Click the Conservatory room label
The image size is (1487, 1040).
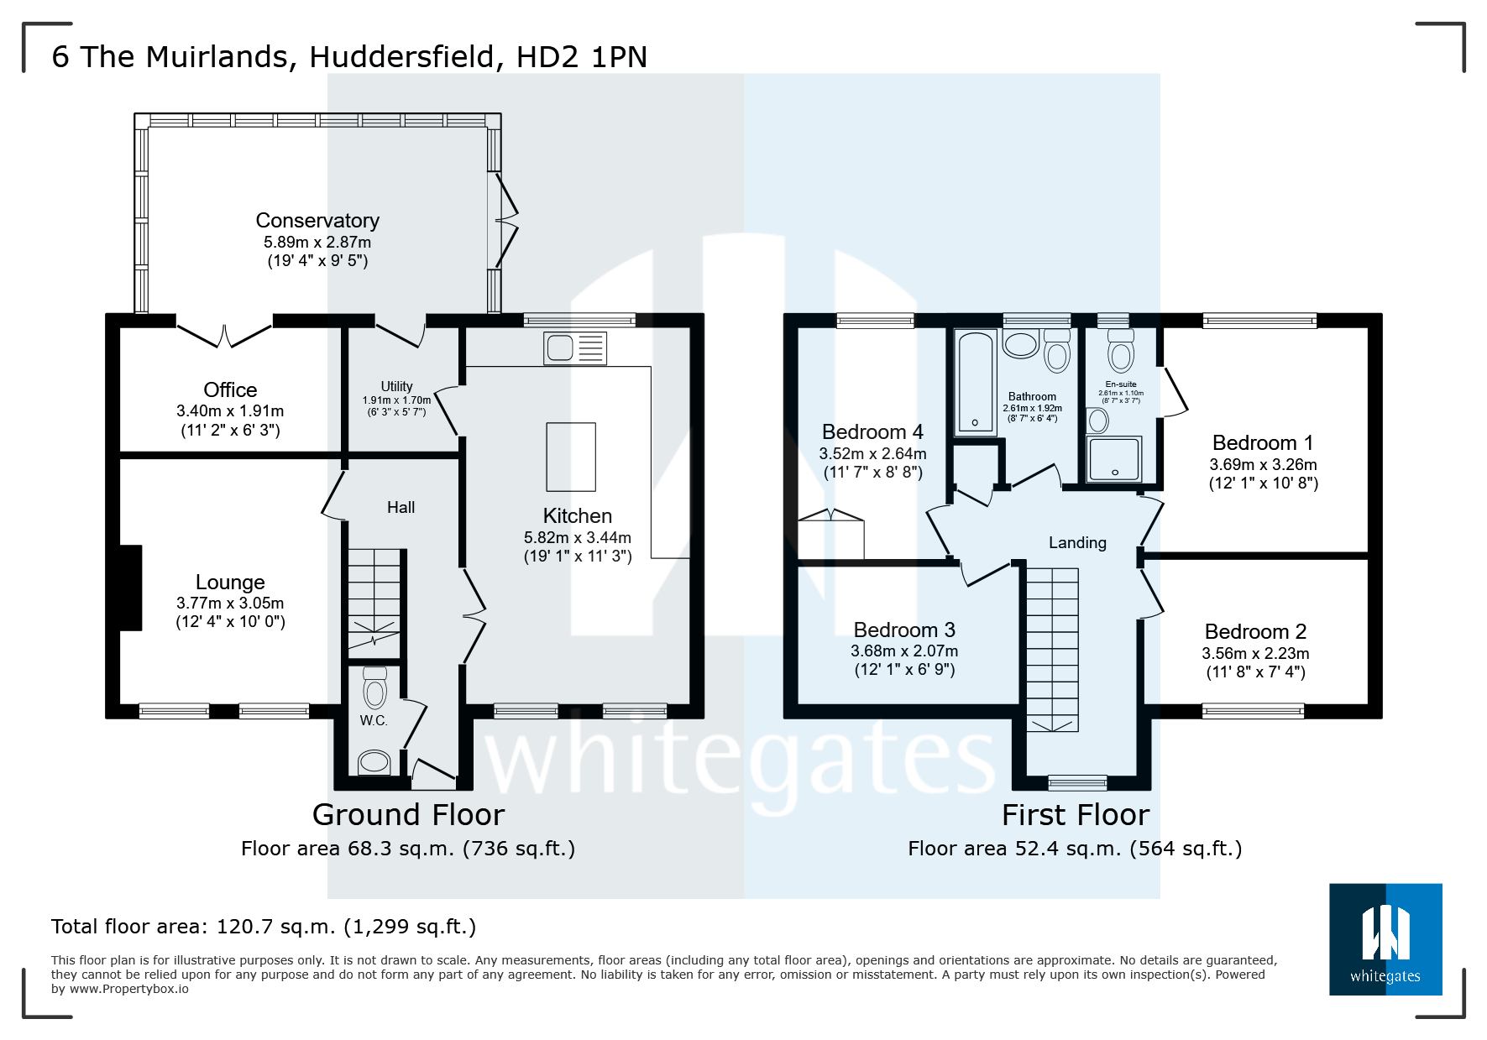[317, 221]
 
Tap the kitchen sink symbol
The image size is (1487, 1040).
[559, 348]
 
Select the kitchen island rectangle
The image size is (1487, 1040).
[571, 457]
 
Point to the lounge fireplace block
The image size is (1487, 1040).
[130, 588]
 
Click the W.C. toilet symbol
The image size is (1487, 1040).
[374, 690]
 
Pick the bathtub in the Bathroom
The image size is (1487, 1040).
[975, 382]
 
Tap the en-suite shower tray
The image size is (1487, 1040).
[1114, 459]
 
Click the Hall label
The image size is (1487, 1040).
[401, 507]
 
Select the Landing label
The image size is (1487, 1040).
[1077, 543]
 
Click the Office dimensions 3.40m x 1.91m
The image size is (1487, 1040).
[230, 411]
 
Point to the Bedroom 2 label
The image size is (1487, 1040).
[1255, 632]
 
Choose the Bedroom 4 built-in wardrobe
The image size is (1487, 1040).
[830, 535]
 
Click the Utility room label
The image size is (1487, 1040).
[396, 386]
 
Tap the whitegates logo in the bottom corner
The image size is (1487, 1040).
[1385, 939]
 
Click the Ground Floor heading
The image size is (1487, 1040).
[408, 815]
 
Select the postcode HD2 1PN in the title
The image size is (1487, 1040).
[582, 57]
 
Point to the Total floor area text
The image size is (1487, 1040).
[264, 927]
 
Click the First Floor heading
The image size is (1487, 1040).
[1076, 815]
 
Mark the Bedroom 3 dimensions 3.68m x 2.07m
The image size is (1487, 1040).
[904, 651]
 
